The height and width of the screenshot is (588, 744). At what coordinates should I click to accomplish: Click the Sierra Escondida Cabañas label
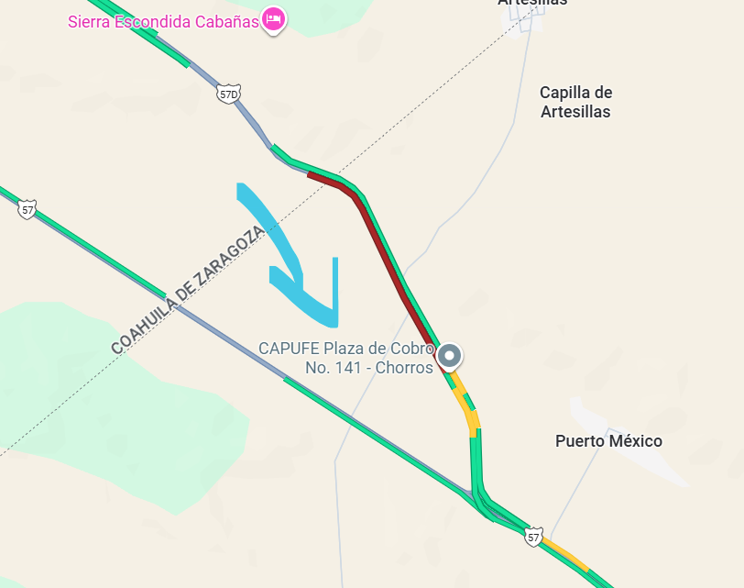(163, 20)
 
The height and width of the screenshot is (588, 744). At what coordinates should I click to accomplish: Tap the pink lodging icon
(273, 18)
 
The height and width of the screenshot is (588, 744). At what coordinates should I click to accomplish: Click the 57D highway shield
(229, 94)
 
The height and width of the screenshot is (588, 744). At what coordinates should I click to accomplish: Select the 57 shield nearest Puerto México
(533, 537)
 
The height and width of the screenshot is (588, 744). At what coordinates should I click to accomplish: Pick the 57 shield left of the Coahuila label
(27, 210)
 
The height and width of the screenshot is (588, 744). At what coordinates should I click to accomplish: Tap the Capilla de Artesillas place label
(575, 102)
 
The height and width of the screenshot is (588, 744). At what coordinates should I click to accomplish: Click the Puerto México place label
(608, 441)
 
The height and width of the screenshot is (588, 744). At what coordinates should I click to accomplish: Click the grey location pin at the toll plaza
(449, 356)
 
